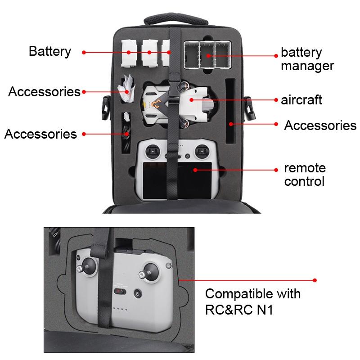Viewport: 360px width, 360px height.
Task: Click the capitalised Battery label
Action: click(50, 51)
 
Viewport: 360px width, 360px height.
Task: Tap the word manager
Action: click(307, 66)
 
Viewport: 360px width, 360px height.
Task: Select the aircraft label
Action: click(301, 99)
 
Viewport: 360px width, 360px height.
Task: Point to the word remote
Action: click(305, 168)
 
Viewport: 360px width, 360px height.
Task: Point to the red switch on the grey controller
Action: click(118, 292)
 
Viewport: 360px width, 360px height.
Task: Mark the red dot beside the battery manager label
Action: click(276, 56)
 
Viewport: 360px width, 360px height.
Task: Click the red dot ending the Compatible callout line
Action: click(315, 280)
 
